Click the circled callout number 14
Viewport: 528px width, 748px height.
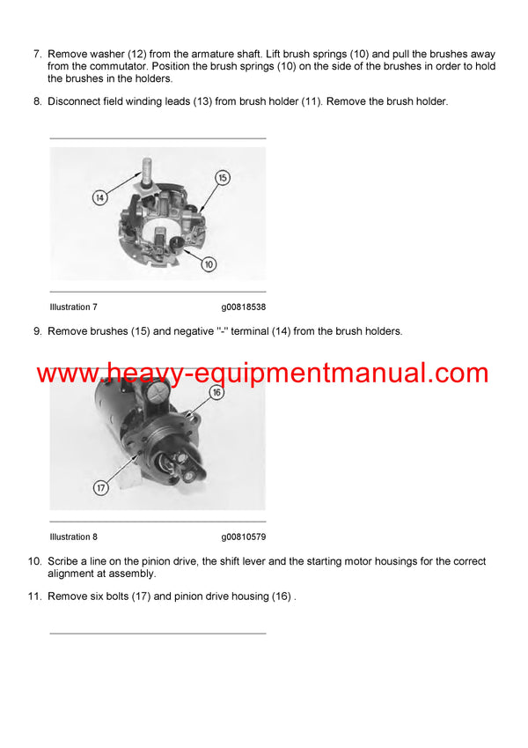[100, 198]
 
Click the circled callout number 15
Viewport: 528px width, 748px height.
[222, 178]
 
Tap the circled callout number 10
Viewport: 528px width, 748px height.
[209, 263]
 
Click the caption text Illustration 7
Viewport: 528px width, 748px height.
[74, 307]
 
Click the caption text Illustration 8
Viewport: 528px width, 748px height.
[74, 537]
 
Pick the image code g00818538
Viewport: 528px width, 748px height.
[244, 307]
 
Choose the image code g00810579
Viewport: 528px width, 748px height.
[244, 537]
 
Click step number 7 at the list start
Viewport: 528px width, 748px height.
[37, 55]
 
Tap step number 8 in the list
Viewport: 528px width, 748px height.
[37, 101]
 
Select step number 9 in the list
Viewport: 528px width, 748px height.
[37, 331]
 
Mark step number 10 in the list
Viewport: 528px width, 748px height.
[34, 561]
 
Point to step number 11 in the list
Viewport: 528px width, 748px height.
[34, 596]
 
